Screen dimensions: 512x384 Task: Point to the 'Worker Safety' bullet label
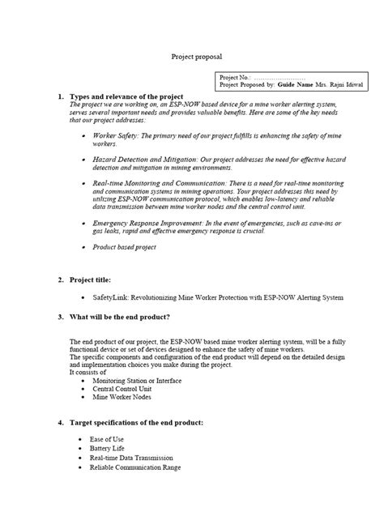coord(115,136)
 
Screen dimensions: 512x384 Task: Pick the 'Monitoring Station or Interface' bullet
coord(137,380)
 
